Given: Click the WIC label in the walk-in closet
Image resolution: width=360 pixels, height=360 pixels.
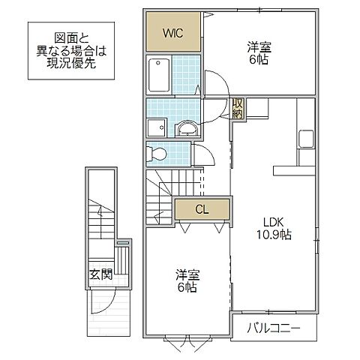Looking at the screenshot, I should pyautogui.click(x=173, y=32).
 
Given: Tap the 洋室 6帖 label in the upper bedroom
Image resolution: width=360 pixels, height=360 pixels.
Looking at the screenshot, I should pyautogui.click(x=259, y=54).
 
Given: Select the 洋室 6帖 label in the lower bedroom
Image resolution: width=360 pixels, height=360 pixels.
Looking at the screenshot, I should pyautogui.click(x=187, y=281).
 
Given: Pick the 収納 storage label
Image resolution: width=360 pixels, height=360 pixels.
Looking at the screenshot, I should pyautogui.click(x=238, y=109).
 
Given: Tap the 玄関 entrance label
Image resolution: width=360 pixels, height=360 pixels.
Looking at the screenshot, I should pyautogui.click(x=100, y=274).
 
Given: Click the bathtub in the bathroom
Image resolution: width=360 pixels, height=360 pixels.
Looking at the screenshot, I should pyautogui.click(x=160, y=75).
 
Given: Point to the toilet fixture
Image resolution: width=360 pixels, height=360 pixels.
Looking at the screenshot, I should pyautogui.click(x=157, y=154).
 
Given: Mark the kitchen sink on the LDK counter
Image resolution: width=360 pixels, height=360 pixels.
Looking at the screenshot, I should pyautogui.click(x=307, y=138).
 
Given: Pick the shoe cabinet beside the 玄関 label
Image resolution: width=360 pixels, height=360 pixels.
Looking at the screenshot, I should pyautogui.click(x=121, y=262).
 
